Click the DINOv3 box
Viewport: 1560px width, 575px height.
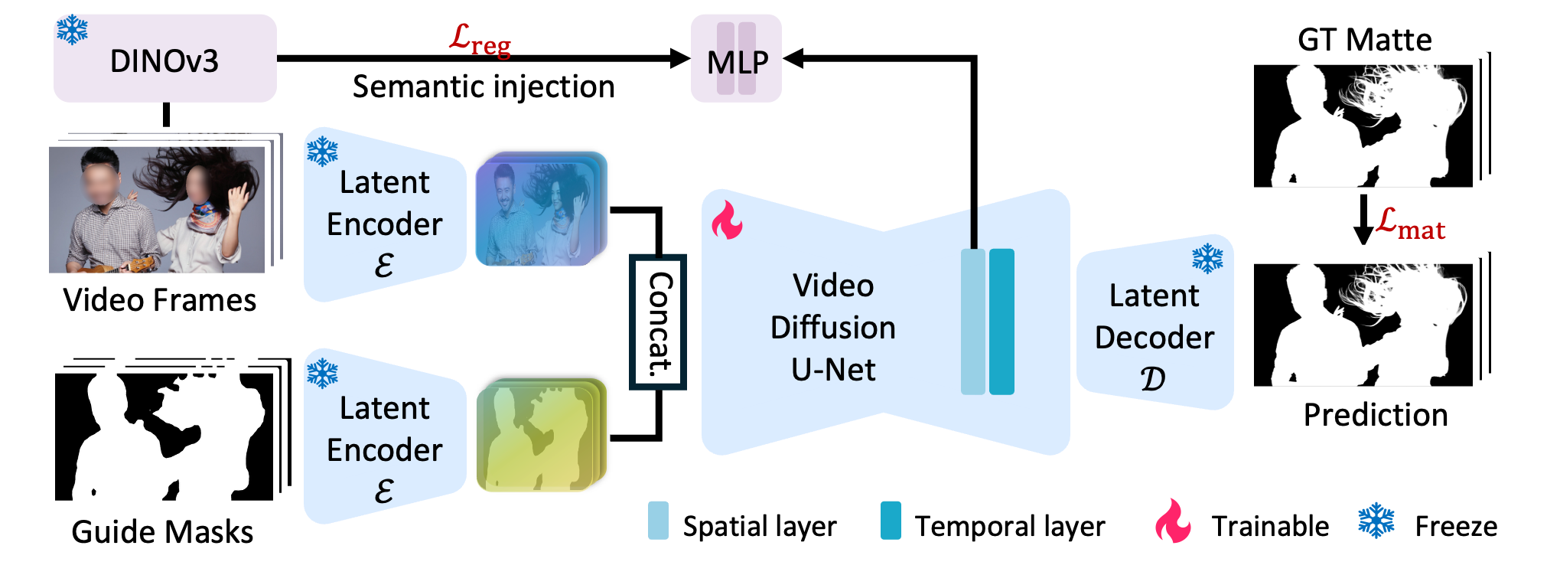164,59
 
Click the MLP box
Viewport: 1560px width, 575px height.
736,59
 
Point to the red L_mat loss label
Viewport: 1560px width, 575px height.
1410,224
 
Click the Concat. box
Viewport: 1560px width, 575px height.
658,322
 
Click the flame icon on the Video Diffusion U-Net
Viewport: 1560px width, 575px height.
726,221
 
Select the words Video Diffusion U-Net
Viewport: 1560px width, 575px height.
832,327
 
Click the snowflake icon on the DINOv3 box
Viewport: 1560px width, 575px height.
72,29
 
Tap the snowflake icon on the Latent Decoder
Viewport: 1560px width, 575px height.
1207,259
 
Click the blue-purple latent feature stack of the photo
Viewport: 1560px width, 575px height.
540,210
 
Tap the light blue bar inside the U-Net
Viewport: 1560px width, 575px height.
972,322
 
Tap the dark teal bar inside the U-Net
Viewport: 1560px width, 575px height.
1001,322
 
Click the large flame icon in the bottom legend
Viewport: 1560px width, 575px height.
1172,521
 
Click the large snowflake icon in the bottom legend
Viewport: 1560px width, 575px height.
1376,521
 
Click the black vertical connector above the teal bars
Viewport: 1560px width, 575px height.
973,227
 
